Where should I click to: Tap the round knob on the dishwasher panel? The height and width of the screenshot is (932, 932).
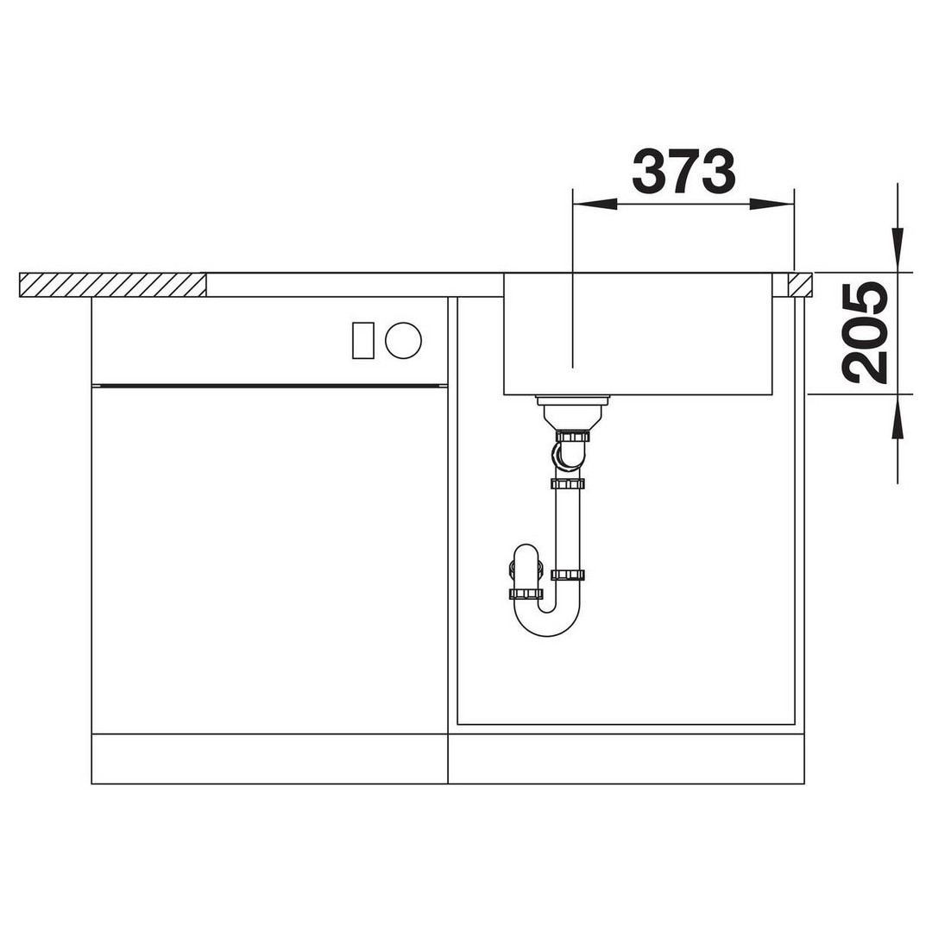pos(403,341)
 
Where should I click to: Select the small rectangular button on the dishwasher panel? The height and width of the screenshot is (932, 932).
pos(362,341)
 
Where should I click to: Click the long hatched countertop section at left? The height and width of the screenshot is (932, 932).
pos(113,285)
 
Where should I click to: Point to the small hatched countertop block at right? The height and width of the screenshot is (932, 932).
pos(800,285)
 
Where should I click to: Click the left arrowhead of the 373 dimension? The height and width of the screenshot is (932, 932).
pos(595,205)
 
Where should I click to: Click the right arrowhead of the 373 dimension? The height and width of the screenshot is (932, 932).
pos(771,205)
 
